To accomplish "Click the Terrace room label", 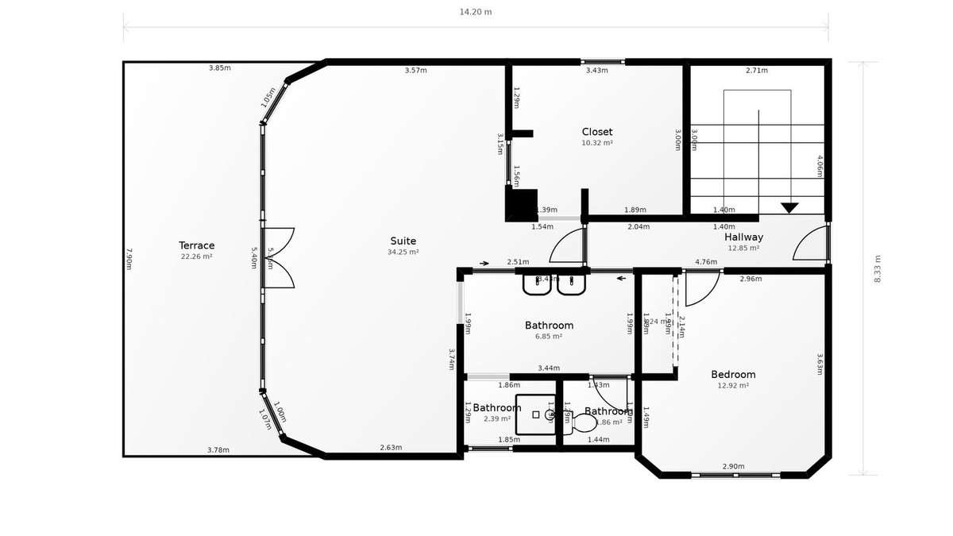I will [x=196, y=245].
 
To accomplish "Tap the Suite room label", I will [x=403, y=241].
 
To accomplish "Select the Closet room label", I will [x=597, y=132].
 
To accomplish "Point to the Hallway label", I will [x=743, y=237].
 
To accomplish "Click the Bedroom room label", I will [x=732, y=374].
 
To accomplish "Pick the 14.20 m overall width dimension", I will [x=476, y=12].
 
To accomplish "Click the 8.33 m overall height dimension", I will [x=877, y=268].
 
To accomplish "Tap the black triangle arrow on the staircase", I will [x=789, y=208].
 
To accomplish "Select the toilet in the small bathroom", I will [x=586, y=422].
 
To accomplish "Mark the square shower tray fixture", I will [x=537, y=415].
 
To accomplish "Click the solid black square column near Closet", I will [x=522, y=205].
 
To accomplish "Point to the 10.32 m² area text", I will [x=597, y=143].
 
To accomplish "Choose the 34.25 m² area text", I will [x=403, y=252].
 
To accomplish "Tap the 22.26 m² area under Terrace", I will [x=196, y=256].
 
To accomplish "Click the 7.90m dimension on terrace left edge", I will [x=129, y=259].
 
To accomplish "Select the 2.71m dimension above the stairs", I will [x=756, y=70].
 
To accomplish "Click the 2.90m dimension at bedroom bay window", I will [x=732, y=466].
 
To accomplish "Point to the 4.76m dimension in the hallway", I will [x=706, y=261].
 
